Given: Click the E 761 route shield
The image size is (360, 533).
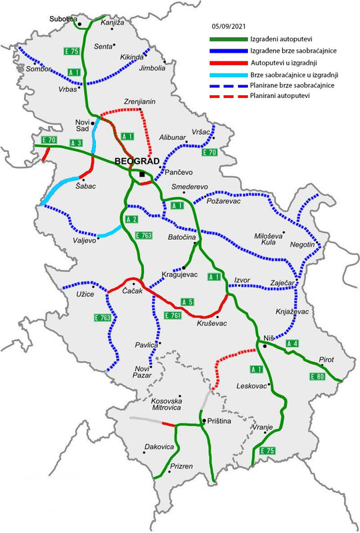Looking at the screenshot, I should pyautogui.click(x=172, y=314).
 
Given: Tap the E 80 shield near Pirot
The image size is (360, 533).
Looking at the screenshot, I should pyautogui.click(x=318, y=377).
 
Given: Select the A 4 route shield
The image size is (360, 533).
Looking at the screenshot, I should pyautogui.click(x=291, y=343).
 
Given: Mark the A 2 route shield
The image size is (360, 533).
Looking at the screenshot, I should pyautogui.click(x=131, y=220).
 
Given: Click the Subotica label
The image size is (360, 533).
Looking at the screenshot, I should pyautogui.click(x=64, y=19).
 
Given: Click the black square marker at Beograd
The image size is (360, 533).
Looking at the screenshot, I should pyautogui.click(x=142, y=175).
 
